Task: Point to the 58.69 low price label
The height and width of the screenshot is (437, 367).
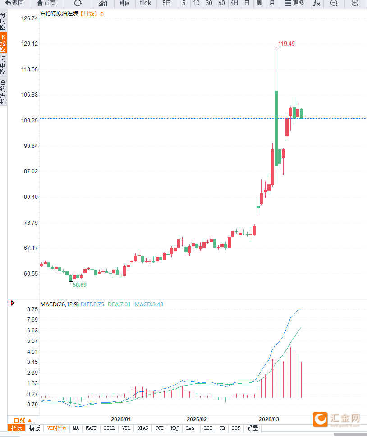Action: pos(79,285)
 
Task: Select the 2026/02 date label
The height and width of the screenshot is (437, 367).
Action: pos(197,419)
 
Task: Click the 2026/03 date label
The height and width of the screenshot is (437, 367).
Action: pos(269,419)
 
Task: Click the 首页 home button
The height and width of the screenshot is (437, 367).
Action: pos(46,3)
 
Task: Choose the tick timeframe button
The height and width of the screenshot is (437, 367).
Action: pos(146,3)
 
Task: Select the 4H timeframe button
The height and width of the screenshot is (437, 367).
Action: pos(234,3)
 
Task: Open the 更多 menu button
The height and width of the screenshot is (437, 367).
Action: pos(294,3)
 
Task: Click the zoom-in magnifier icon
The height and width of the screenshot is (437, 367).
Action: pos(355,3)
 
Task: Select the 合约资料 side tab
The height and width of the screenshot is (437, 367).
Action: pos(3,92)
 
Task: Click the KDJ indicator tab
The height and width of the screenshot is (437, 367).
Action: pos(174,428)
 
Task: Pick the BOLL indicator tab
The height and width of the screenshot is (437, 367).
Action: pos(109,428)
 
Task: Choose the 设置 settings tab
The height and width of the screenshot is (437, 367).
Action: pos(252,428)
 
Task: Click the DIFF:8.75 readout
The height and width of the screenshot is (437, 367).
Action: pos(92,304)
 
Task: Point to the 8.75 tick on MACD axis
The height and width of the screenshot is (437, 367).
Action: pos(32,309)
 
